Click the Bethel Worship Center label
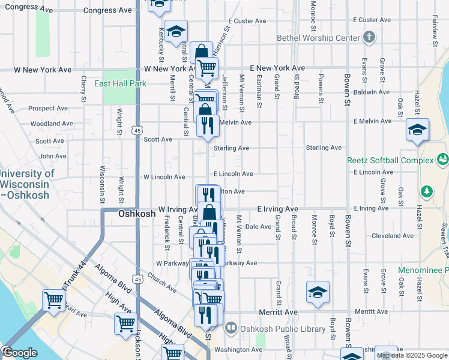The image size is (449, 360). (x=318, y=38)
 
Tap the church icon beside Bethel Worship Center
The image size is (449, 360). (x=369, y=38)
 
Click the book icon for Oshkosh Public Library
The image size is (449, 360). (x=231, y=328)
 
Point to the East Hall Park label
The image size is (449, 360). (x=120, y=84)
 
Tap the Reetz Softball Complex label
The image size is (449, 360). (x=390, y=161)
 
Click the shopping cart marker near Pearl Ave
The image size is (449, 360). (x=53, y=300)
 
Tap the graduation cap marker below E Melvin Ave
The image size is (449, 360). (x=417, y=130)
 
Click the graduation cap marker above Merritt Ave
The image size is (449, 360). (x=318, y=292)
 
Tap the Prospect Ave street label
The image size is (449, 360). (x=46, y=109)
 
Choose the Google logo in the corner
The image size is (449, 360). (x=20, y=353)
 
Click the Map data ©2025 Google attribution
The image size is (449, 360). (x=412, y=355)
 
